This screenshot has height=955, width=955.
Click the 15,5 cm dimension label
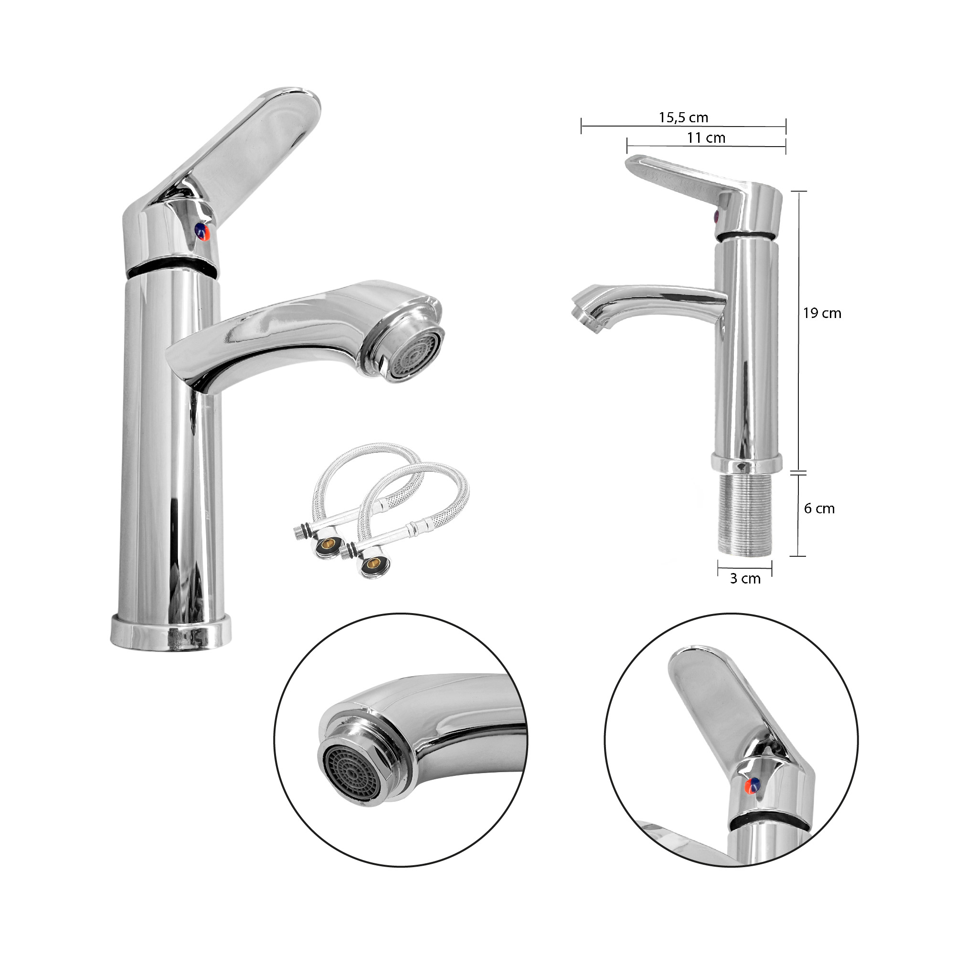point(683,117)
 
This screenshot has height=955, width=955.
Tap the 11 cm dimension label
point(706,138)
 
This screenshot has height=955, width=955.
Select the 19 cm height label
point(821,313)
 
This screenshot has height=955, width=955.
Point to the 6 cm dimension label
point(819,508)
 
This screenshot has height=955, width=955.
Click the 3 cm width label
point(745,578)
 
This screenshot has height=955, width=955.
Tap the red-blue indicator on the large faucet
point(202,231)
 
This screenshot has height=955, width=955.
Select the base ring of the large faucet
point(170,635)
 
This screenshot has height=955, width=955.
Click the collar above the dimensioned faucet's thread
point(746,463)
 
